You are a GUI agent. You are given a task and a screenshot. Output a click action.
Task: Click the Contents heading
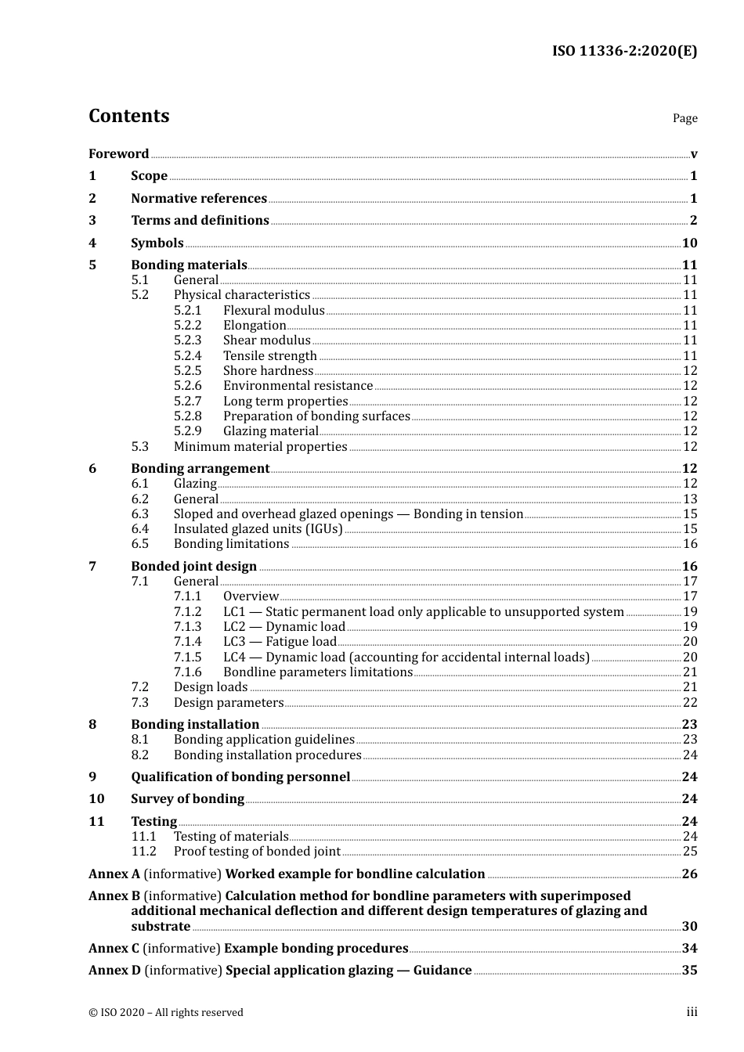click(x=128, y=116)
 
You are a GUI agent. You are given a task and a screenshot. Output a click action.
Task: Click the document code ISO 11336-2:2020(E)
click(x=624, y=51)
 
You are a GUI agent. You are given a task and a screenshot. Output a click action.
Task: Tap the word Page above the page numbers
click(x=684, y=118)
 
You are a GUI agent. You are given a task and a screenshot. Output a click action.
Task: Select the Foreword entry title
click(x=118, y=153)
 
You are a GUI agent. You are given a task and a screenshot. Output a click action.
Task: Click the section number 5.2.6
click(x=187, y=386)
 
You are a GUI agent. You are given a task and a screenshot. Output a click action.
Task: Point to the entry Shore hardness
click(x=268, y=371)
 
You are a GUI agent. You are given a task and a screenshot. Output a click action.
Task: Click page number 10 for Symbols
click(x=689, y=243)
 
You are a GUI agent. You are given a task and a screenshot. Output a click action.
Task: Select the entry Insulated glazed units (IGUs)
click(x=258, y=529)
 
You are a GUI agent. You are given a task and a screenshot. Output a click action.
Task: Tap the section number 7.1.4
click(x=187, y=642)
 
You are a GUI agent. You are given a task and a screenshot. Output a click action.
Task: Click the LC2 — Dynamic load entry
click(x=284, y=627)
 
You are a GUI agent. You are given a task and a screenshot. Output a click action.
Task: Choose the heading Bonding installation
click(x=195, y=725)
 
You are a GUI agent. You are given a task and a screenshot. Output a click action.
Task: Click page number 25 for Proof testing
click(x=690, y=852)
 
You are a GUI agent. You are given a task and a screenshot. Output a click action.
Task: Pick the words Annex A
click(x=114, y=874)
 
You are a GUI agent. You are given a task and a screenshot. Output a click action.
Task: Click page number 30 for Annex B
click(x=689, y=927)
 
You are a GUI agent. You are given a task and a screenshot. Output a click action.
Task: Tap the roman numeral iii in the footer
click(x=692, y=1012)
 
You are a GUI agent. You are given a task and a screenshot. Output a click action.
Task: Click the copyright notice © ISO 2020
click(x=165, y=1013)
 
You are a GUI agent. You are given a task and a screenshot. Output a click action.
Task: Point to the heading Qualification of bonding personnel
click(x=240, y=777)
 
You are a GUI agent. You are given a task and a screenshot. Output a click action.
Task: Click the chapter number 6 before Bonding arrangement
click(x=92, y=469)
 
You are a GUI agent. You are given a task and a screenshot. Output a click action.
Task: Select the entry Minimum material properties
click(x=260, y=447)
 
